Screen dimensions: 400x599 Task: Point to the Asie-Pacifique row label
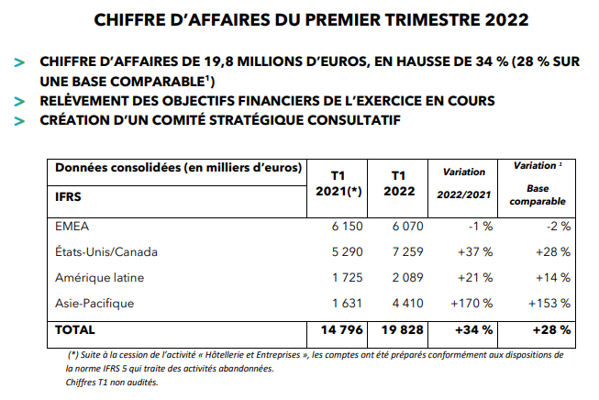point(94,302)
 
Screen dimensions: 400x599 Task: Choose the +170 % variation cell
point(473,302)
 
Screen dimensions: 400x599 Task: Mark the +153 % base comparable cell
point(550,302)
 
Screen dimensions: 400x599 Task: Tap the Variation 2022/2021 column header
point(463,183)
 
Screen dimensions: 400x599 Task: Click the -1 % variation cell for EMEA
point(480,225)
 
